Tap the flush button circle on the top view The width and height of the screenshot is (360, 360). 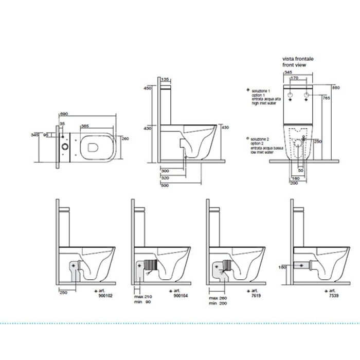pyautogui.click(x=65, y=146)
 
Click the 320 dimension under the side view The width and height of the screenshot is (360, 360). pyautogui.click(x=165, y=177)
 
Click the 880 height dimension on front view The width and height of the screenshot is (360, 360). pyautogui.click(x=336, y=87)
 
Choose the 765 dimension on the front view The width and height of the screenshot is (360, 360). pyautogui.click(x=326, y=97)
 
